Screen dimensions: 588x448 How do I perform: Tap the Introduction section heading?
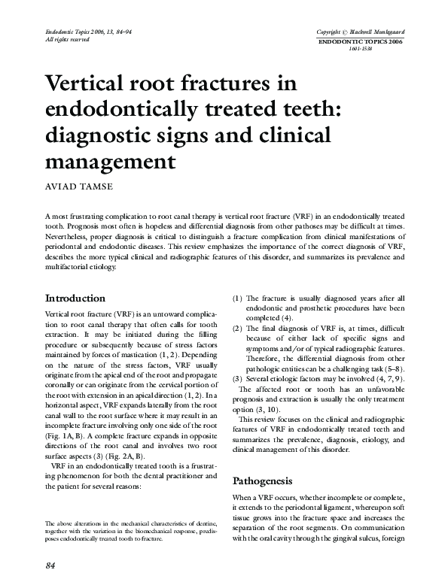76,298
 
